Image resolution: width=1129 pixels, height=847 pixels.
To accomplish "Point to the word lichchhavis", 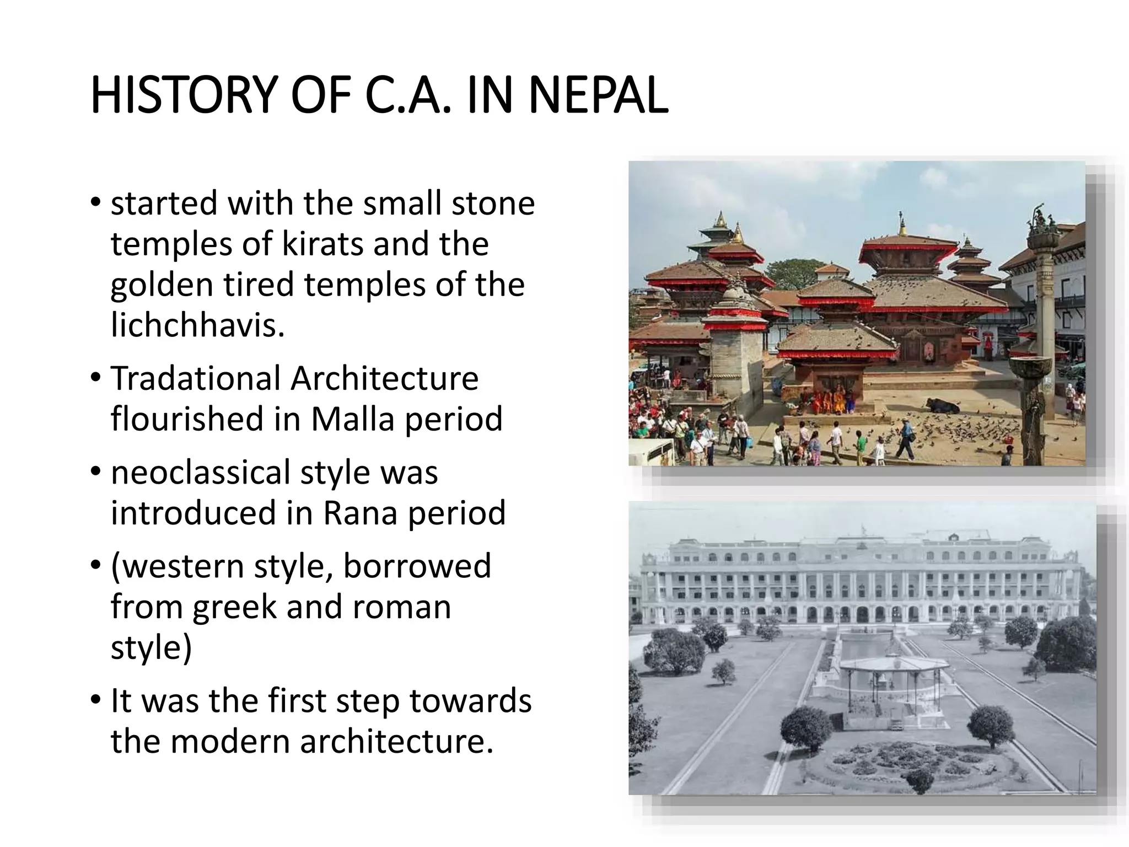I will pos(197,325).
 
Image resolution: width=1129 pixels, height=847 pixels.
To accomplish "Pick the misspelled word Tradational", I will pos(196,379).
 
